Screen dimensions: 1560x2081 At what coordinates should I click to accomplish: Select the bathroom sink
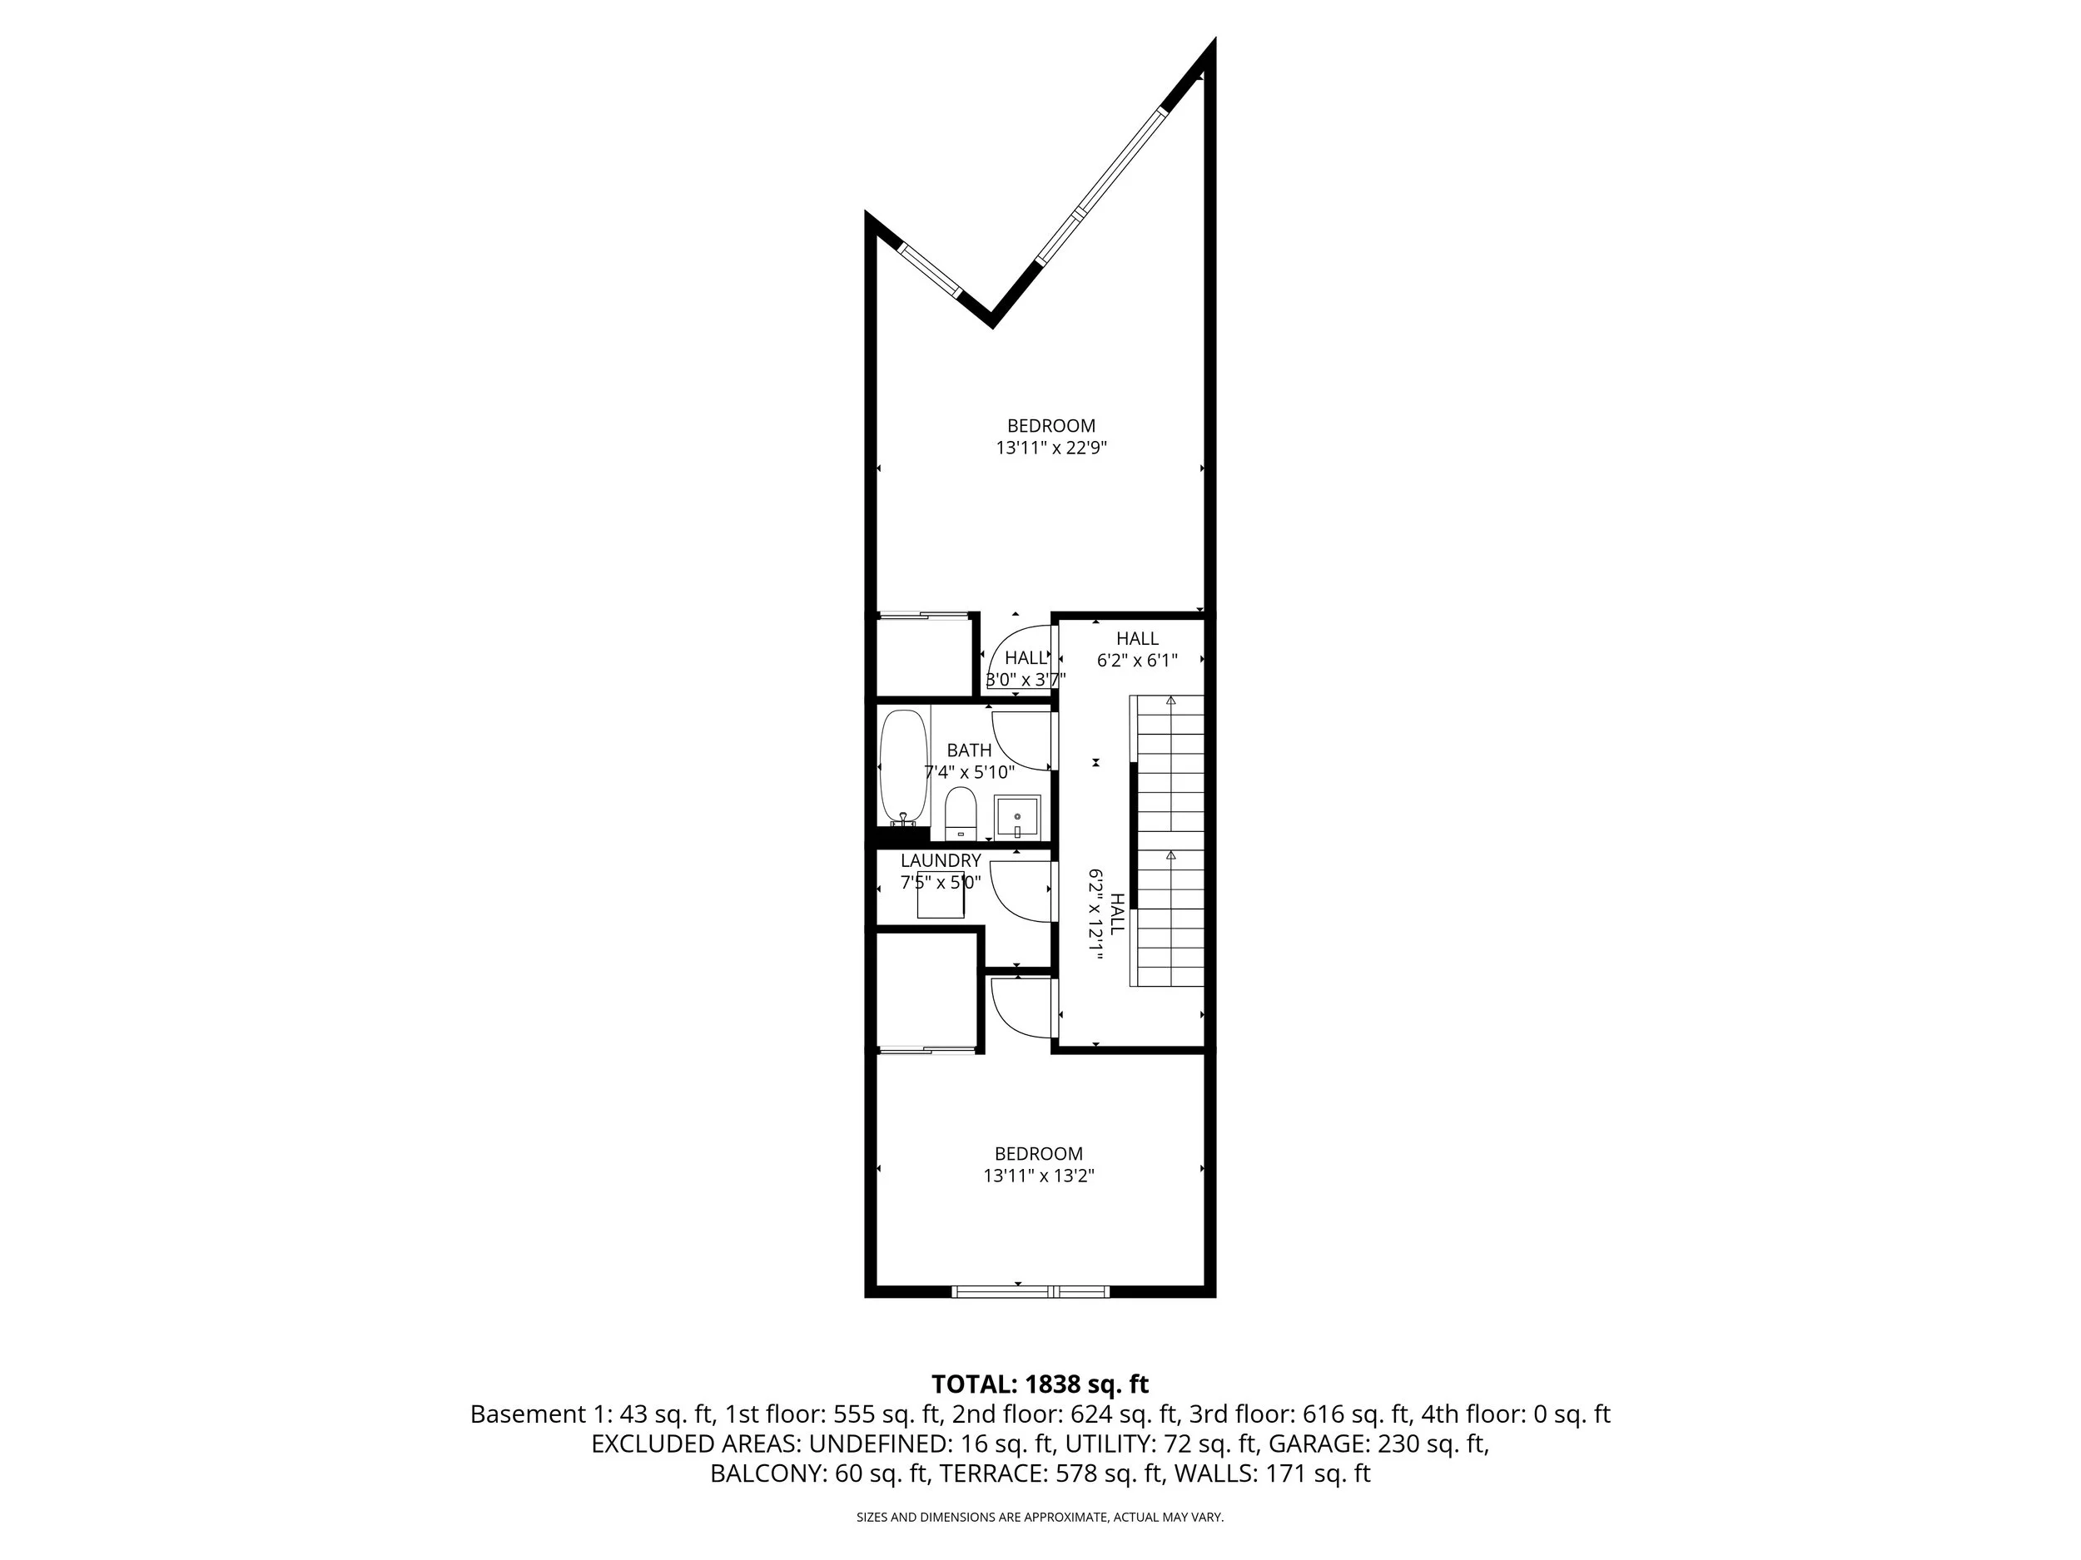(1017, 816)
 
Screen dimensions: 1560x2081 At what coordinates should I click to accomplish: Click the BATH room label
(969, 750)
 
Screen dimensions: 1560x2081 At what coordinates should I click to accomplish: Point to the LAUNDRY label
(941, 860)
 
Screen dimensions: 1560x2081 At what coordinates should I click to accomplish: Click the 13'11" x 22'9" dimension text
(1050, 448)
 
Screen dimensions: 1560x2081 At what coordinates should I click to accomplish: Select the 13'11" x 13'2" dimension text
(1039, 1176)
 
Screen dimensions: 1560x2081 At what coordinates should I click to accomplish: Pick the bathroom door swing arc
(1020, 743)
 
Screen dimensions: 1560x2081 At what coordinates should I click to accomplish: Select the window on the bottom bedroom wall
(1031, 1291)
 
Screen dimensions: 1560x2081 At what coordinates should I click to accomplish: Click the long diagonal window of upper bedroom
(1101, 186)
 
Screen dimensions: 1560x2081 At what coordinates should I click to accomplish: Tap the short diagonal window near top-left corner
(930, 270)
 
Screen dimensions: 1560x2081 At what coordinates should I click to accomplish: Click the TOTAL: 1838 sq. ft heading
(1040, 1384)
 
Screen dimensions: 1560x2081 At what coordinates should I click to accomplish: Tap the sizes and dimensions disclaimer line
(1040, 1517)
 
